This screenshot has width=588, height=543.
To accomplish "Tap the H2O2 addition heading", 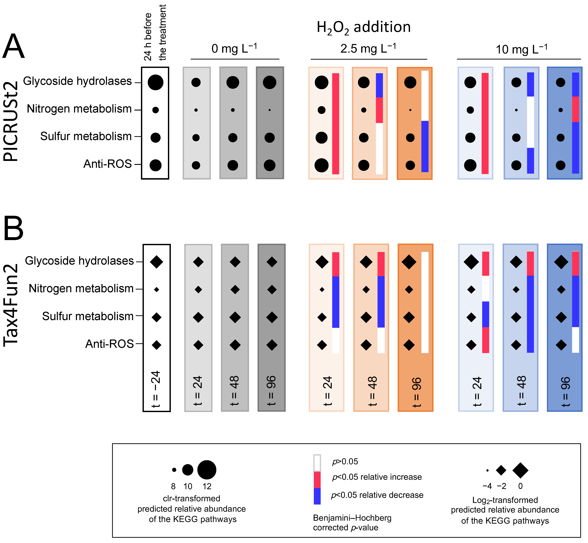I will point(364,27).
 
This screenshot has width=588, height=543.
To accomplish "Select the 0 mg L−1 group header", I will point(234,49).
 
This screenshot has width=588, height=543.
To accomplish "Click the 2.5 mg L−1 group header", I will point(368,49).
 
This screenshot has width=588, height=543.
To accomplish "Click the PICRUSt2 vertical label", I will point(11,121).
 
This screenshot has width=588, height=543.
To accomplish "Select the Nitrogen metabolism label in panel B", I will point(81,288).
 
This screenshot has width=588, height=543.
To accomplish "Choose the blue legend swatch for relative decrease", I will point(317,497).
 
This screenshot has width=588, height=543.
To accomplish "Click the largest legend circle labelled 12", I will point(207,470).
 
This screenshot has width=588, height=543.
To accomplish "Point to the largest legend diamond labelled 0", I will point(520,470).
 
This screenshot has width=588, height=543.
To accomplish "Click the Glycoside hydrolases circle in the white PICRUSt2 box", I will point(155,82).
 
